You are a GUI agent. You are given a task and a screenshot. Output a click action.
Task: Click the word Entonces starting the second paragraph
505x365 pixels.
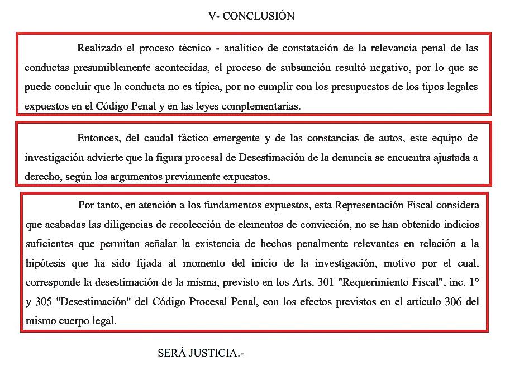98,138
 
